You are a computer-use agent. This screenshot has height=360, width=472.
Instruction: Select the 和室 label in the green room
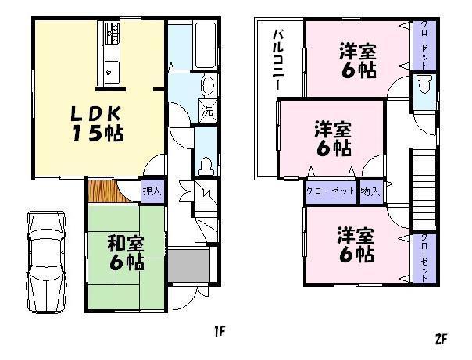126,243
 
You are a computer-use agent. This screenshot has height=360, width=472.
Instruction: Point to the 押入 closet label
152,189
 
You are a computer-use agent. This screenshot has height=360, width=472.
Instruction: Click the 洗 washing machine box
207,110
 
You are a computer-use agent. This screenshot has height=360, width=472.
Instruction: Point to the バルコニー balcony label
277,62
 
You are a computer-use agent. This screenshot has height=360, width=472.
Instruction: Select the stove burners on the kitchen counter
113,34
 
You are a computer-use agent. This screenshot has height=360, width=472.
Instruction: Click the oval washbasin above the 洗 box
208,84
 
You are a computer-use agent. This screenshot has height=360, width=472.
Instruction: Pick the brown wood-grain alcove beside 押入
102,189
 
